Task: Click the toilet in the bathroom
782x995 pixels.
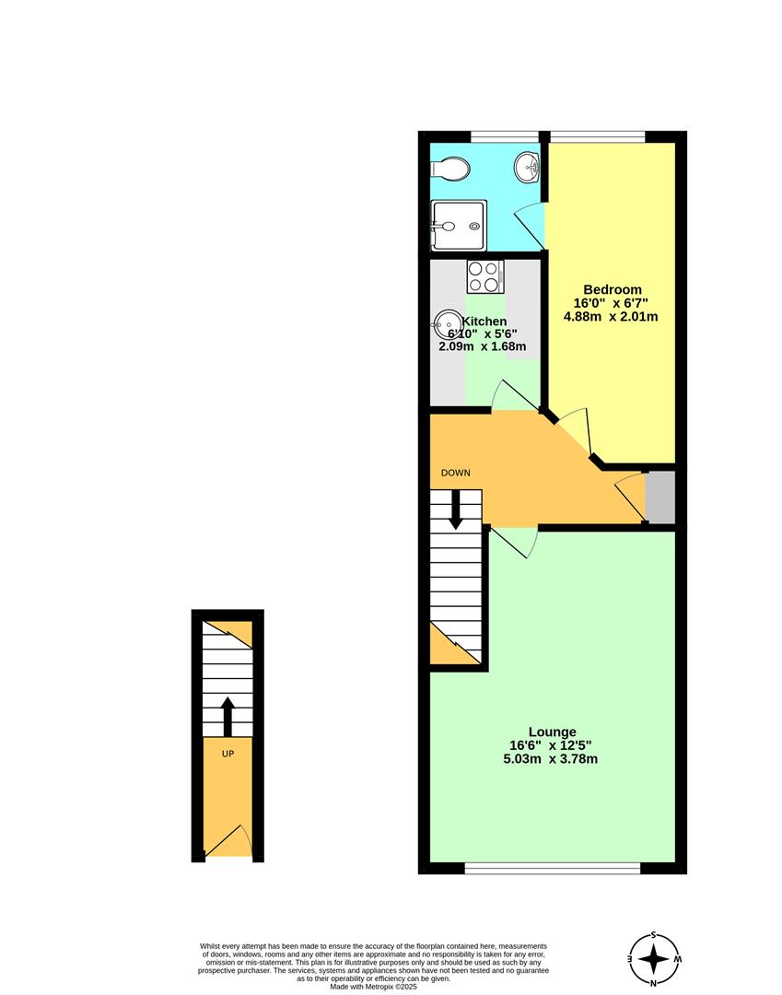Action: pyautogui.click(x=449, y=170)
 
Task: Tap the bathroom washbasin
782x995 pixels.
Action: pyautogui.click(x=527, y=167)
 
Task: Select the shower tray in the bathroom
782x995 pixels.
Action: pyautogui.click(x=459, y=226)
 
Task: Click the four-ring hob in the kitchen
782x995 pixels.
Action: pyautogui.click(x=485, y=276)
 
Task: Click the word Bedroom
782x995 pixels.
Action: pyautogui.click(x=612, y=289)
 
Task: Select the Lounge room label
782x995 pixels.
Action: pyautogui.click(x=552, y=732)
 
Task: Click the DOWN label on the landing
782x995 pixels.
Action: pyautogui.click(x=455, y=473)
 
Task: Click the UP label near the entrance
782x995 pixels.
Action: pyautogui.click(x=228, y=754)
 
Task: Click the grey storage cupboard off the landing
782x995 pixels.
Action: pyautogui.click(x=659, y=497)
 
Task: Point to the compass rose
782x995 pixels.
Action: pyautogui.click(x=654, y=958)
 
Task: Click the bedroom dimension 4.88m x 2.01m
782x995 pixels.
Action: pyautogui.click(x=610, y=316)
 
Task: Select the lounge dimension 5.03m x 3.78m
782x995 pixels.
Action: pyautogui.click(x=550, y=759)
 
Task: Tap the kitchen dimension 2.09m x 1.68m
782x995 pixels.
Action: pyautogui.click(x=482, y=346)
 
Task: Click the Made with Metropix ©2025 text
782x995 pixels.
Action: pyautogui.click(x=373, y=987)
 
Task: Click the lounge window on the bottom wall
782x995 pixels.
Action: pyautogui.click(x=553, y=868)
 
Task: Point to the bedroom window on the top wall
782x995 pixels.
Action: pyautogui.click(x=598, y=136)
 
